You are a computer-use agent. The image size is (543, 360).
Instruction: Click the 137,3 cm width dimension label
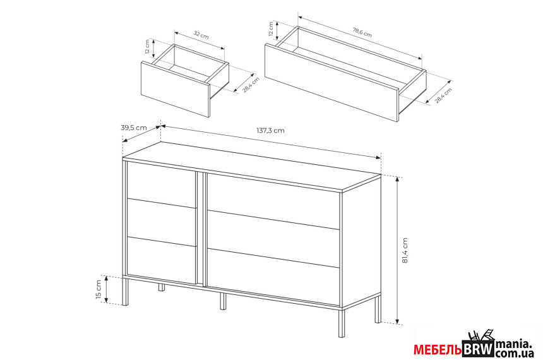coord(270,131)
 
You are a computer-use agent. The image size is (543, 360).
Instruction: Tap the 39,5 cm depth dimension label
coord(134,128)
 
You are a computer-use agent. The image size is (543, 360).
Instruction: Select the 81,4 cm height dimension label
coord(405,251)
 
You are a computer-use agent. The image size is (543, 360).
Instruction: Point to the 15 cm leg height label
coord(98,290)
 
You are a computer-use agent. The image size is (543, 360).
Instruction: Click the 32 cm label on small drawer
coord(201,35)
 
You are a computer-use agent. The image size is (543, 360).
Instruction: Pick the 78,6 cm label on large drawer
coord(362,32)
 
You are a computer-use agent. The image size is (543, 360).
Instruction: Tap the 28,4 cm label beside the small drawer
coord(251,85)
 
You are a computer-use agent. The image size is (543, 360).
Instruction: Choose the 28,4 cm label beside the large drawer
coord(443,95)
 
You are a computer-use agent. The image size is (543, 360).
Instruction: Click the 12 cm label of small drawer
coord(148,47)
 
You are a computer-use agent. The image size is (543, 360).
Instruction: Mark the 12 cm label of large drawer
coord(271,29)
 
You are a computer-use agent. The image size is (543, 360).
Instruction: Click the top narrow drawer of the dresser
coord(162,184)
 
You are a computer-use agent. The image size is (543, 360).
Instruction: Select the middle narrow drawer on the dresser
coord(162,222)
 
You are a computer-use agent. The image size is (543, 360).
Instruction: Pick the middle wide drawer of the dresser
coord(273,238)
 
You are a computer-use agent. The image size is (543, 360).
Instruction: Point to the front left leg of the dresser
coord(126,291)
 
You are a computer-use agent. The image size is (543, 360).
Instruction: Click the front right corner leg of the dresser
coord(342,323)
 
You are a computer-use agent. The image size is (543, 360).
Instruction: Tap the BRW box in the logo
coord(478,349)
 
